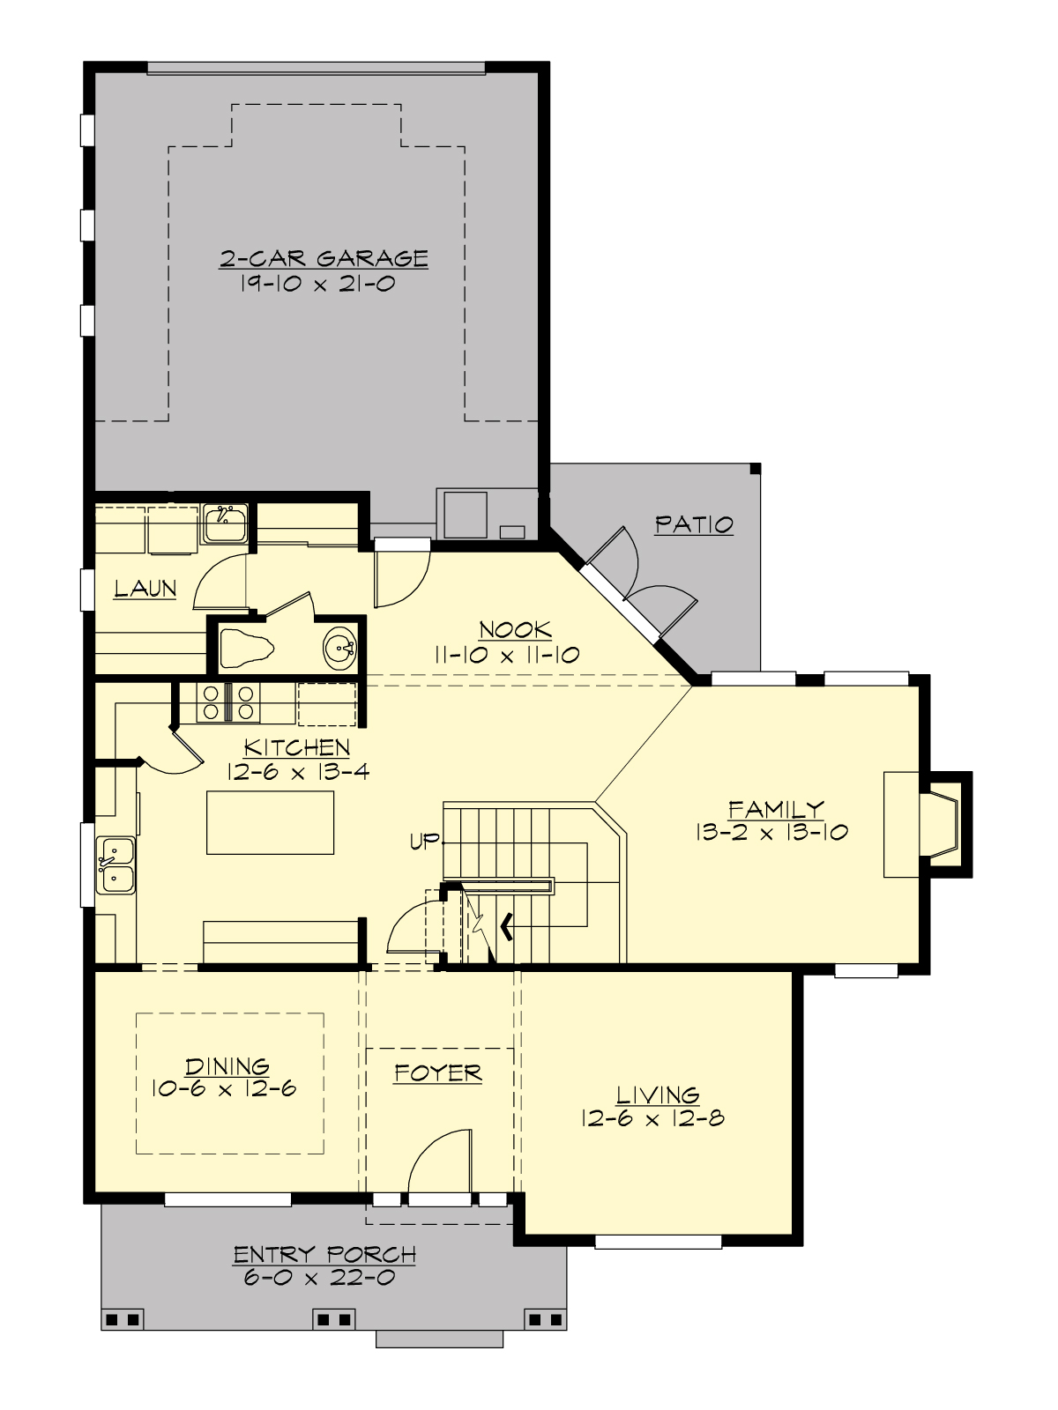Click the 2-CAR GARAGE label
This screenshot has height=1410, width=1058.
click(324, 258)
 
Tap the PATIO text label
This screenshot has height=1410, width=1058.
click(694, 524)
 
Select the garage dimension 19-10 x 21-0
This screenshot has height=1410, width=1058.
click(317, 284)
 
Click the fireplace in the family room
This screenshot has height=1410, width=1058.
click(940, 824)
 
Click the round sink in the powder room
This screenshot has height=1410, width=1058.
click(339, 649)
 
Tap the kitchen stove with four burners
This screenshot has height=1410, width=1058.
click(227, 703)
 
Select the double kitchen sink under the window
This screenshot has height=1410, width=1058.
click(116, 865)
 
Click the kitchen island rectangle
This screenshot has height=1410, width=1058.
click(270, 822)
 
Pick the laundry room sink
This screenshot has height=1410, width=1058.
click(225, 525)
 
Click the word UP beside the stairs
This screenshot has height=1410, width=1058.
click(424, 842)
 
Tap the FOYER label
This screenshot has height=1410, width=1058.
click(437, 1072)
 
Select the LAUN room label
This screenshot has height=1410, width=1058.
click(145, 589)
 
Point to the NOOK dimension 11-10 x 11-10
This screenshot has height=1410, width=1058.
click(506, 655)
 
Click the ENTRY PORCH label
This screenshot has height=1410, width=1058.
click(324, 1253)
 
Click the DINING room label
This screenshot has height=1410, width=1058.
click(227, 1066)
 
